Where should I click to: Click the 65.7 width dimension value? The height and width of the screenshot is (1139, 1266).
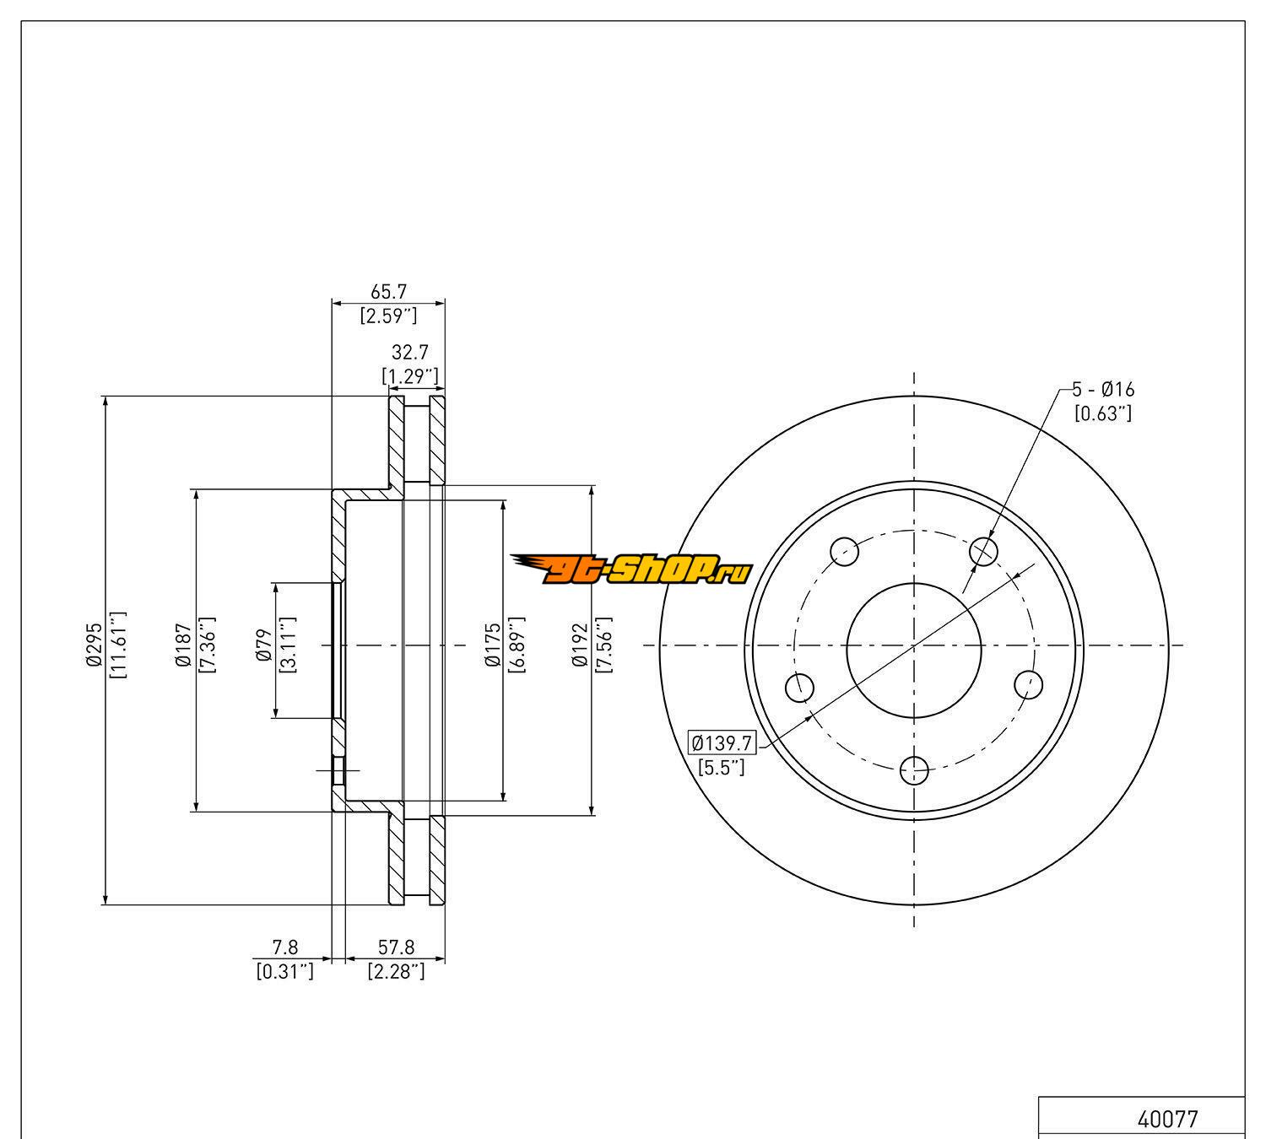click(388, 291)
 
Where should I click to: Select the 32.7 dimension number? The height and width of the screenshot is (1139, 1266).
click(409, 352)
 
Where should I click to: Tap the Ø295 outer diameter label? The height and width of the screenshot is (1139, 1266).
click(94, 645)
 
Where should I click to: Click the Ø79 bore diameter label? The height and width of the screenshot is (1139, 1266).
click(262, 645)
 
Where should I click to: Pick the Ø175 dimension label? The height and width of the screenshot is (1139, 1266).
click(493, 645)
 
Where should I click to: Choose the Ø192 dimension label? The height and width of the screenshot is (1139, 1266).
click(580, 645)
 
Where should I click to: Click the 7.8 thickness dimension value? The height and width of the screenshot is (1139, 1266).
click(284, 949)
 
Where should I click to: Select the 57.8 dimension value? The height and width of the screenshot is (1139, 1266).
click(396, 949)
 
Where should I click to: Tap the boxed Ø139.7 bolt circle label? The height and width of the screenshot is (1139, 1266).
click(722, 743)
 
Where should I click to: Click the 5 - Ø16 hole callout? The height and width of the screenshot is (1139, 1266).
click(1103, 389)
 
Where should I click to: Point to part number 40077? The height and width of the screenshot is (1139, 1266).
click(1167, 1120)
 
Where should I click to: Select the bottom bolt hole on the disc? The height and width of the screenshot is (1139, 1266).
click(914, 769)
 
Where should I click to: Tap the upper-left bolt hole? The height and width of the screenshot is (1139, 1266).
click(845, 552)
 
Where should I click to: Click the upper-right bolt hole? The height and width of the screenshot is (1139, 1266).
click(983, 552)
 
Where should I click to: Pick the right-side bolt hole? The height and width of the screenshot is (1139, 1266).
click(1026, 684)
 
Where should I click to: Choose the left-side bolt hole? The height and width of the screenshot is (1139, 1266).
click(799, 687)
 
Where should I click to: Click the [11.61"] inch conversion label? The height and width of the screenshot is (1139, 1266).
click(117, 645)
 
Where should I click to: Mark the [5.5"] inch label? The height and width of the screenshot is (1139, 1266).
click(722, 767)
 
